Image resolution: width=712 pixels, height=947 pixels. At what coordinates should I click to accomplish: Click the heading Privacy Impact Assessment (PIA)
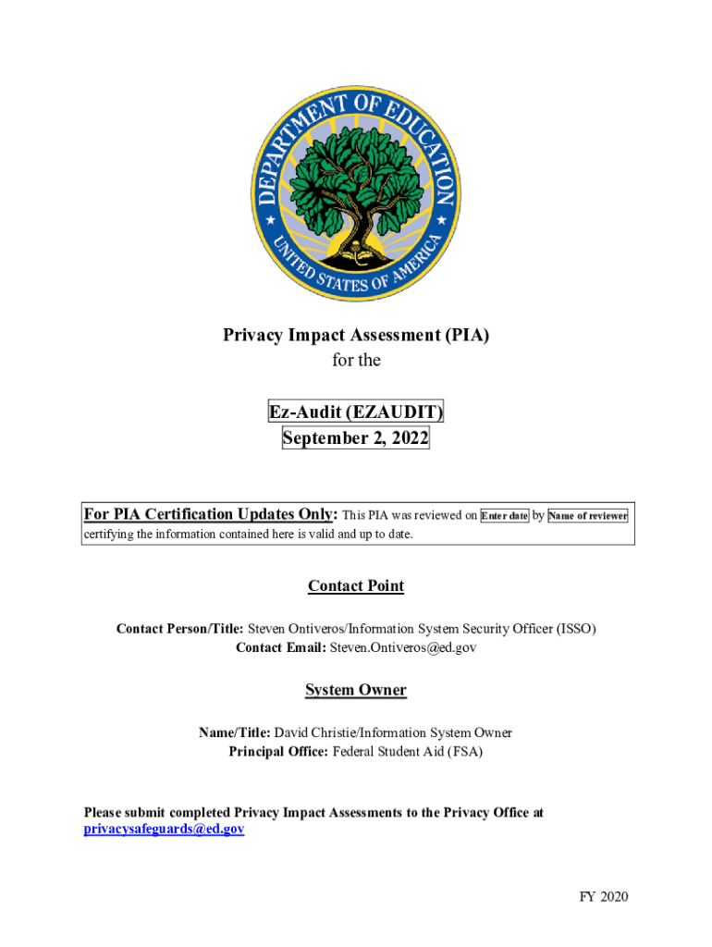[x=356, y=335]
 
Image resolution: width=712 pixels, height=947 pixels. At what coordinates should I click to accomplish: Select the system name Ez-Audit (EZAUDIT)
[x=356, y=412]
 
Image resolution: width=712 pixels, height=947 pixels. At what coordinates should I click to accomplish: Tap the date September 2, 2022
[x=356, y=438]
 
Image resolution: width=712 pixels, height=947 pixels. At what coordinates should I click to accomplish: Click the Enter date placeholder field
[x=504, y=516]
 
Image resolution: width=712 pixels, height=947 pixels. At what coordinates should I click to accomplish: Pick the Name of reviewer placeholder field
[x=588, y=516]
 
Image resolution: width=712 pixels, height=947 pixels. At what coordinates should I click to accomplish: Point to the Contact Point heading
[x=356, y=586]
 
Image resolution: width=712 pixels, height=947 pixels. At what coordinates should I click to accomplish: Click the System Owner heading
[x=356, y=690]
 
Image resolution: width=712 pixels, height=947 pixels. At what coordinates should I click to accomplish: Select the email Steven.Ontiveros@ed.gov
[x=403, y=648]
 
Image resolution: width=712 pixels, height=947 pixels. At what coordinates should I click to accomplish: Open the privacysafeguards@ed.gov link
[x=165, y=830]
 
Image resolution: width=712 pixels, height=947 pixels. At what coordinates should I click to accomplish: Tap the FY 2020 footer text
[x=604, y=896]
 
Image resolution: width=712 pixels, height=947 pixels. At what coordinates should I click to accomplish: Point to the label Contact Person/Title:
[x=179, y=629]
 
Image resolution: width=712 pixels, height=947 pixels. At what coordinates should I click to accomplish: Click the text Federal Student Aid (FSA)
[x=408, y=752]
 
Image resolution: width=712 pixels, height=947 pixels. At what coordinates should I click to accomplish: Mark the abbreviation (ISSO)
[x=576, y=629]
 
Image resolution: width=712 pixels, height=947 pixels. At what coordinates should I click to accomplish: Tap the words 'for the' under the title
[x=356, y=361]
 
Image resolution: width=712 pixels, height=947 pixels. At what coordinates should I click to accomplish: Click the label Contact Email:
[x=281, y=648]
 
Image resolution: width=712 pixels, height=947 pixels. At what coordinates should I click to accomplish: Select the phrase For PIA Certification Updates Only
[x=210, y=514]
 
